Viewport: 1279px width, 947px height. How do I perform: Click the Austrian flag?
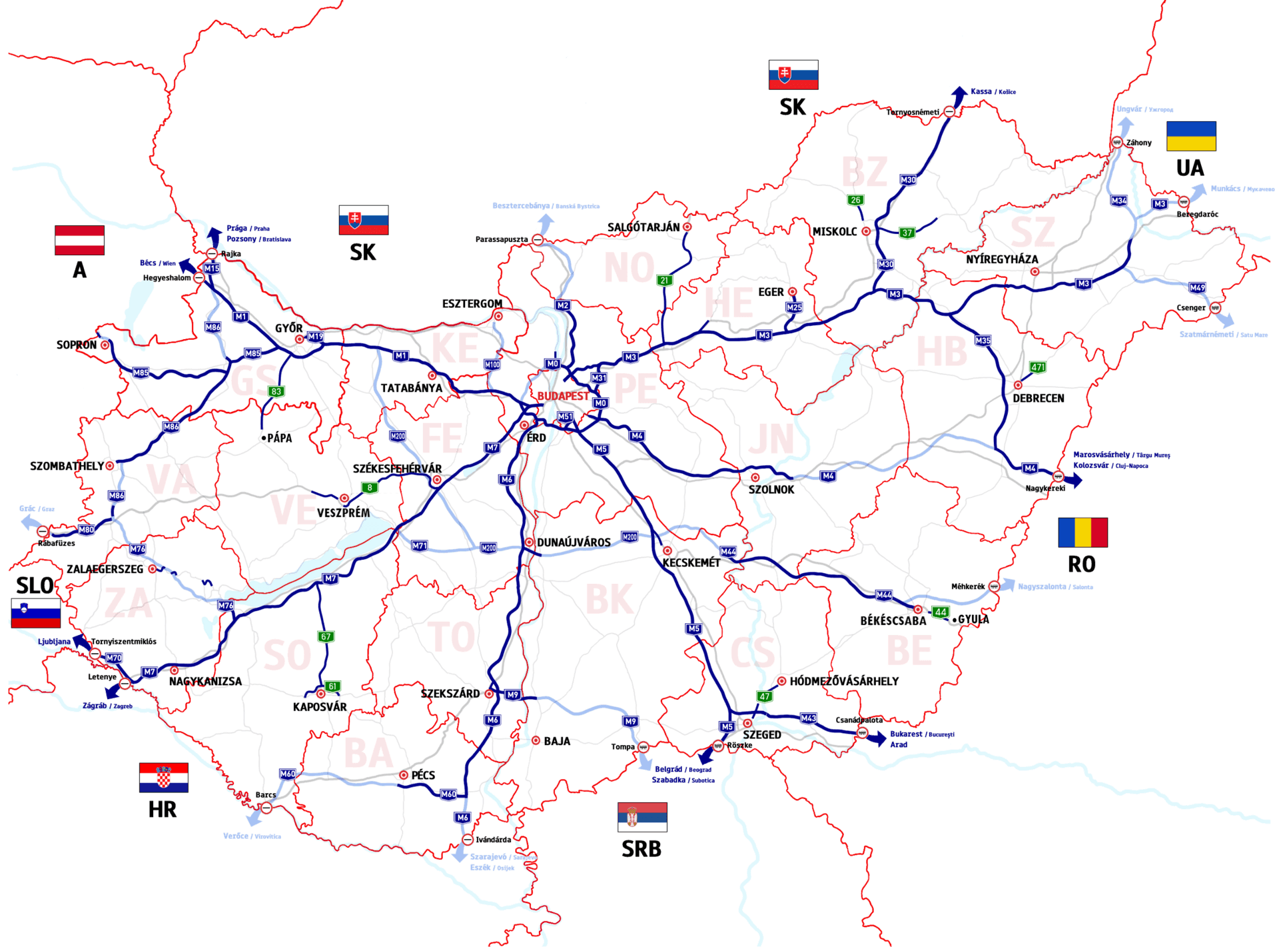[79, 241]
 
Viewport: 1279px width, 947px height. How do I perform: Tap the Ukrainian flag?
[1191, 136]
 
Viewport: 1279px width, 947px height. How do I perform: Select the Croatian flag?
[164, 778]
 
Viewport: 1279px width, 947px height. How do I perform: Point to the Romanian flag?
[1082, 532]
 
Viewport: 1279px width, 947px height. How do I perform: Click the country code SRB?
[641, 848]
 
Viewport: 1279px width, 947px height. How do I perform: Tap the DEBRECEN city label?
[1038, 399]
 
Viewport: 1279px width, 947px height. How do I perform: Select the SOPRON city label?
[76, 345]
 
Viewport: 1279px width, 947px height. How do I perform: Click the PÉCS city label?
[423, 775]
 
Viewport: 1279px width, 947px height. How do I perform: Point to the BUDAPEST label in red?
[563, 396]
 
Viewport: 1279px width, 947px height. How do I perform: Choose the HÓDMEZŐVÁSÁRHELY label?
[844, 681]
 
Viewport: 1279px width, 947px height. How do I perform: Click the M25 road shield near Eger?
[794, 307]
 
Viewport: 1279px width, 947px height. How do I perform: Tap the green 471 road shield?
[1038, 367]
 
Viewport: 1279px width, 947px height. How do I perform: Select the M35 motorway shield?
[983, 341]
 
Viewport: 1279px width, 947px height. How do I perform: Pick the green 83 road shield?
[276, 392]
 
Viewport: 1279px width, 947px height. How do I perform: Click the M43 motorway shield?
[808, 718]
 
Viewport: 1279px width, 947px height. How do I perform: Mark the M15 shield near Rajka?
[212, 269]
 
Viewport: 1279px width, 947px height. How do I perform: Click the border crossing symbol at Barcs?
[266, 808]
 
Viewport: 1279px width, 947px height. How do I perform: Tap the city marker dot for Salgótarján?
[687, 227]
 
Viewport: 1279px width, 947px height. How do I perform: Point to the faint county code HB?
[941, 352]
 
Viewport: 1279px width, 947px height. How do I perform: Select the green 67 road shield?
[326, 636]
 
